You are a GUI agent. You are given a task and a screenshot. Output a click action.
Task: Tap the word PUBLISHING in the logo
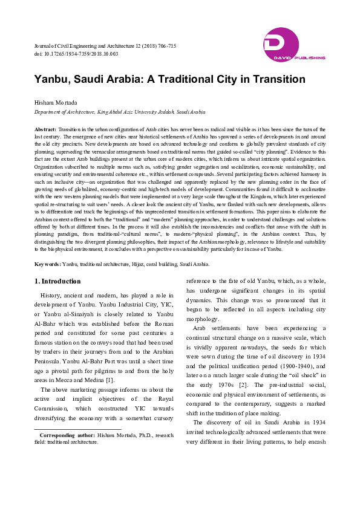pos(310,58)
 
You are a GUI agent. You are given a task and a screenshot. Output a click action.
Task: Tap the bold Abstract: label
pos(45,130)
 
